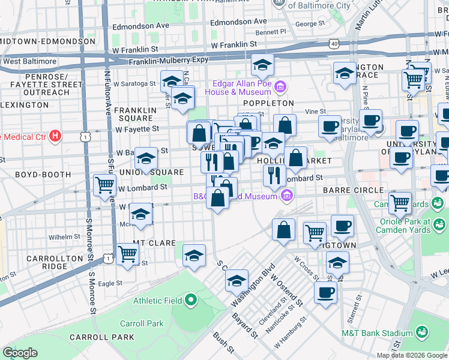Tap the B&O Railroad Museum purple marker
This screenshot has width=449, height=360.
(287, 195)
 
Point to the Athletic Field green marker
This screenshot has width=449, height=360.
(191, 299)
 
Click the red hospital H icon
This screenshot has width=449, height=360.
(55, 136)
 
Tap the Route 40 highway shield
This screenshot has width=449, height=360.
(334, 43)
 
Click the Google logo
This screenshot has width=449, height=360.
(20, 352)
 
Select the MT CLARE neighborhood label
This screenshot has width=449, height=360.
(154, 244)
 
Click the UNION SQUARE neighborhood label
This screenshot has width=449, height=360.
(151, 172)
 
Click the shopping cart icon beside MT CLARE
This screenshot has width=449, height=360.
(127, 254)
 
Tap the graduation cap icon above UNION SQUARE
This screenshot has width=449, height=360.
(146, 158)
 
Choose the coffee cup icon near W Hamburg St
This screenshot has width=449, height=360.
(325, 292)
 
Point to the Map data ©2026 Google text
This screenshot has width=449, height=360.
(412, 355)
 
